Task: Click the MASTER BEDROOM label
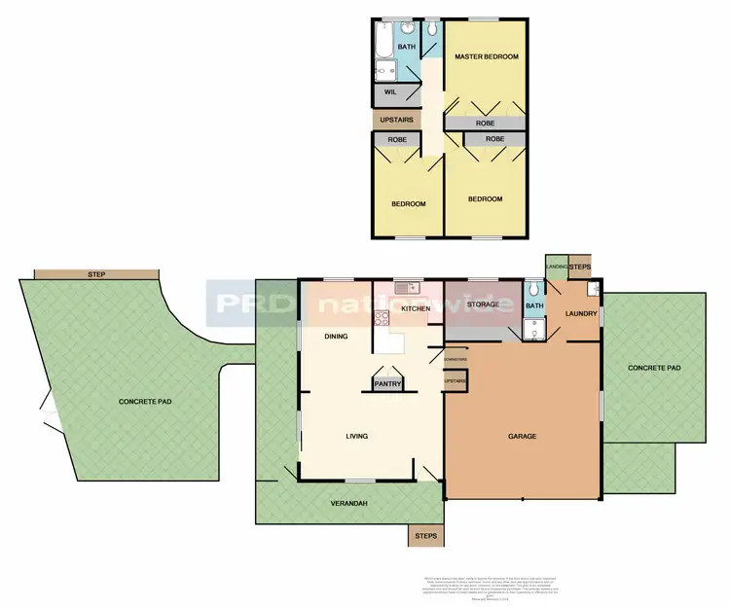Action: [486, 57]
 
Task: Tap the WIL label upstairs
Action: [389, 92]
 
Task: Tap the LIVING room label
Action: [356, 436]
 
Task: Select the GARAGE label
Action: [522, 436]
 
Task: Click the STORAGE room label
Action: [483, 304]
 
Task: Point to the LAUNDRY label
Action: [580, 313]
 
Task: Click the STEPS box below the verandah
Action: [425, 536]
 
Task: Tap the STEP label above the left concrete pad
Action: [95, 274]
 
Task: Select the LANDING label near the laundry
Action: [556, 267]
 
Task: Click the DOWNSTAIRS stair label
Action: [456, 360]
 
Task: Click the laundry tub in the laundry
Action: [592, 289]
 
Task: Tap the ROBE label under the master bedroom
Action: [485, 124]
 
